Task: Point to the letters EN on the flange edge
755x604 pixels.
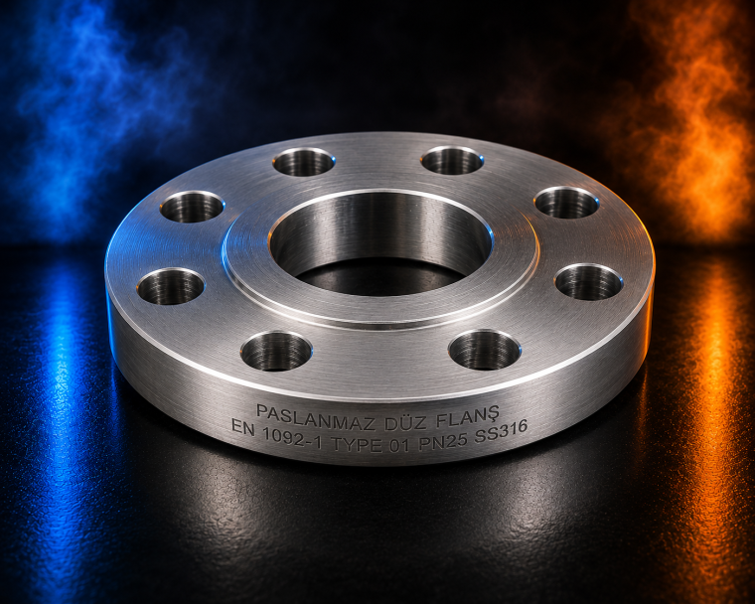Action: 242,427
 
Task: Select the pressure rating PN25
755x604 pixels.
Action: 443,441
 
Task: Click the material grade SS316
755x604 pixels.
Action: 502,432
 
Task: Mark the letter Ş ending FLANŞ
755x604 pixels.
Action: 493,414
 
